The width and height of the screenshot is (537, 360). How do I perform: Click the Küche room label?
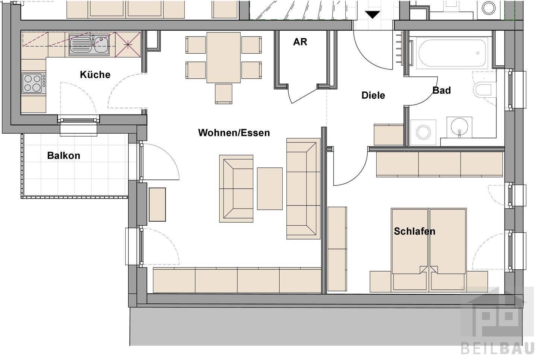[x=95, y=75]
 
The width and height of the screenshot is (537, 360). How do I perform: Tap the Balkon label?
[x=63, y=156]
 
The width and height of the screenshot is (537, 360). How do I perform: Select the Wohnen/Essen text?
[x=234, y=133]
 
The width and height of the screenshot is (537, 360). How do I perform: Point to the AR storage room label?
[x=300, y=42]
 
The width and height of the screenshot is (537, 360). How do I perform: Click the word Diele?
[x=373, y=95]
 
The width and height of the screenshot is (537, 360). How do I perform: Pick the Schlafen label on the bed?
[x=415, y=231]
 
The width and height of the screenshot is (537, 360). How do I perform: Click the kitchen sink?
[x=89, y=45]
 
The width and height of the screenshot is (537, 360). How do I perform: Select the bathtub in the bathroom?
[x=452, y=53]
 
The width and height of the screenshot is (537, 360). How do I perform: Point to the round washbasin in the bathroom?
[x=459, y=127]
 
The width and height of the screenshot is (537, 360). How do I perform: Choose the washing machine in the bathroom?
[x=423, y=132]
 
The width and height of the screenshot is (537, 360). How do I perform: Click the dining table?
[x=223, y=57]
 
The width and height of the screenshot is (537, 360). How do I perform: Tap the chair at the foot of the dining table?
[x=223, y=94]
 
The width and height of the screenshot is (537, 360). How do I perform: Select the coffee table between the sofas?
[x=270, y=188]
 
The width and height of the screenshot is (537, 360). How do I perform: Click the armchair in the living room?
[x=236, y=188]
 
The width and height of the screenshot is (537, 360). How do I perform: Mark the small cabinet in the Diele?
[x=388, y=135]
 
